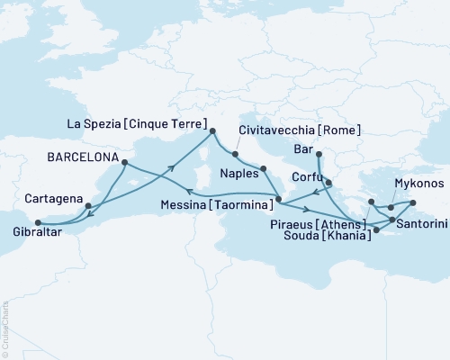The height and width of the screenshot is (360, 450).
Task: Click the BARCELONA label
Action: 82,157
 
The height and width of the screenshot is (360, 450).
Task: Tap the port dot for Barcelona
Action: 123,163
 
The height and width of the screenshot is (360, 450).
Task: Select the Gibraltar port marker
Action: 37,222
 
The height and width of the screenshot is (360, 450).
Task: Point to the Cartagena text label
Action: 53,198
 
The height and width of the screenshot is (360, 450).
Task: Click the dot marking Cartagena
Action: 87,205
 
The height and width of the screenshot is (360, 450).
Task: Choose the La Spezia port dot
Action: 212,132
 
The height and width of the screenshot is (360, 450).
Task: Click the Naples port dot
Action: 264,168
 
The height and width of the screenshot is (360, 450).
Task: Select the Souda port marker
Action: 376,230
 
